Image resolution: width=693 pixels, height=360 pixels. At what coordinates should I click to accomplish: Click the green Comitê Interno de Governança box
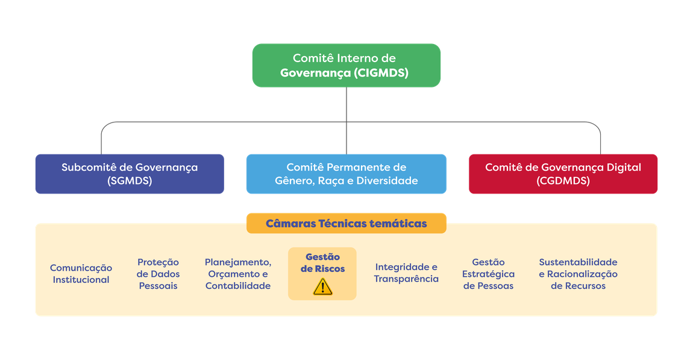click(x=346, y=65)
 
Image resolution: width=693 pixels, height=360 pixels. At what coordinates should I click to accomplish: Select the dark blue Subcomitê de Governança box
click(x=129, y=174)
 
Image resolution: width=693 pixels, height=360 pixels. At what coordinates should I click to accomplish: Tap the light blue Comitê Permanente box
click(x=346, y=174)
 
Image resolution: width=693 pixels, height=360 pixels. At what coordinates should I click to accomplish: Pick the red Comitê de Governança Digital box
click(x=563, y=174)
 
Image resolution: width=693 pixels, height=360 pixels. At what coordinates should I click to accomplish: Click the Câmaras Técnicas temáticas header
click(x=346, y=223)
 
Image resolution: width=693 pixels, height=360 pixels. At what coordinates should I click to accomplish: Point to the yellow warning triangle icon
click(x=322, y=286)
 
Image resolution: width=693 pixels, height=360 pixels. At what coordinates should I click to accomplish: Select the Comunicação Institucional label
click(x=81, y=274)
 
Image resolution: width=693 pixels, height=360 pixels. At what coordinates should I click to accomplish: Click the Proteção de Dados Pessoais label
click(x=158, y=274)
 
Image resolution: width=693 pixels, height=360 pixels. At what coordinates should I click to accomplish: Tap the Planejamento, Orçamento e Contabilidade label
click(x=237, y=274)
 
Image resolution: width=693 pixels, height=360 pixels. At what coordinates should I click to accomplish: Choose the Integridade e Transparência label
click(x=406, y=273)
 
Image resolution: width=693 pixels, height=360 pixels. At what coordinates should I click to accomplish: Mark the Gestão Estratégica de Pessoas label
click(x=488, y=274)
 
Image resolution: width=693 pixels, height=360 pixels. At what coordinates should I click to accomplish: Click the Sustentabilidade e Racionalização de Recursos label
click(x=578, y=274)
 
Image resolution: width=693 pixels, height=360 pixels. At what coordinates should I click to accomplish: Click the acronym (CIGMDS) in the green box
click(x=381, y=74)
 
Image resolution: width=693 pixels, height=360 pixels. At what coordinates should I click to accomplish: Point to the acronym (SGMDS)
click(x=129, y=180)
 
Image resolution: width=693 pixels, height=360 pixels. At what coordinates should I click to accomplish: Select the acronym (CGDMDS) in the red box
click(x=563, y=180)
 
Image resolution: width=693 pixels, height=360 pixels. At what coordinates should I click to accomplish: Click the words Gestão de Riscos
click(x=322, y=263)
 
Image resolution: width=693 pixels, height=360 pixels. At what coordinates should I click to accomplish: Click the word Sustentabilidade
click(x=578, y=262)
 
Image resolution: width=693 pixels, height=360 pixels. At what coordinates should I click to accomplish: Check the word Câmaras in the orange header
click(x=290, y=223)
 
